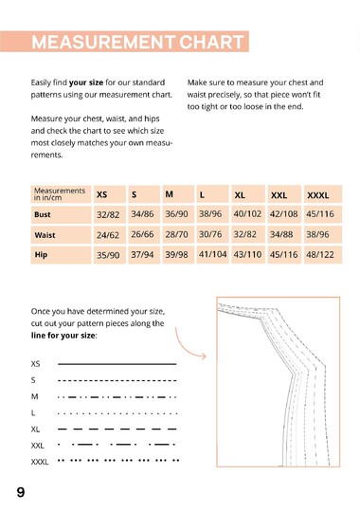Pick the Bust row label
[44, 215]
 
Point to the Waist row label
[45, 235]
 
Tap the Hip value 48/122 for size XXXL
[319, 255]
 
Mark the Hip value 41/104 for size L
[212, 255]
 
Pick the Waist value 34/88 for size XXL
[281, 235]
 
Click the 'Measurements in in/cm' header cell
[59, 194]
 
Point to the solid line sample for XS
[117, 363]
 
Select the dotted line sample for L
[117, 412]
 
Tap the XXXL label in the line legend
[40, 462]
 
